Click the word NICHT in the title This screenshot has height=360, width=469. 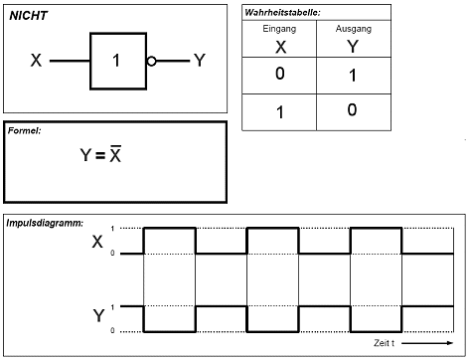pos(29,16)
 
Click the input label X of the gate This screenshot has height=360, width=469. pos(36,61)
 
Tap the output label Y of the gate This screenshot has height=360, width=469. pos(200,61)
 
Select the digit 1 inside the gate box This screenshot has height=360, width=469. pos(116,61)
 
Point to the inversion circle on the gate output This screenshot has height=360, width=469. pos(151,62)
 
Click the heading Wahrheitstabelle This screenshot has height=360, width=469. pos(282,13)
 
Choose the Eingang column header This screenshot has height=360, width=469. pos(279,29)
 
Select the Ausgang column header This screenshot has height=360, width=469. pos(354,29)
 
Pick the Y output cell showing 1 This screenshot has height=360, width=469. pos(353,76)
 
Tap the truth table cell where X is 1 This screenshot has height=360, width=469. pos(280,112)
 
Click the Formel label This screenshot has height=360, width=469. pos(25,130)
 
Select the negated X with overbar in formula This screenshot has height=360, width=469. pos(115,154)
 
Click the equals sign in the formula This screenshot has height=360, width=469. pos(100,155)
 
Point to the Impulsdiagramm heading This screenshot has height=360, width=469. pos(45,223)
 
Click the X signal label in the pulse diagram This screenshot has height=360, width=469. pos(97,242)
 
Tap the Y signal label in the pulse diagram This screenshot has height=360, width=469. pos(98,315)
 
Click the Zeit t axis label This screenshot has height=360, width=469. pos(384,343)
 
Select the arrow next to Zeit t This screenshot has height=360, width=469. pos(427,343)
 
